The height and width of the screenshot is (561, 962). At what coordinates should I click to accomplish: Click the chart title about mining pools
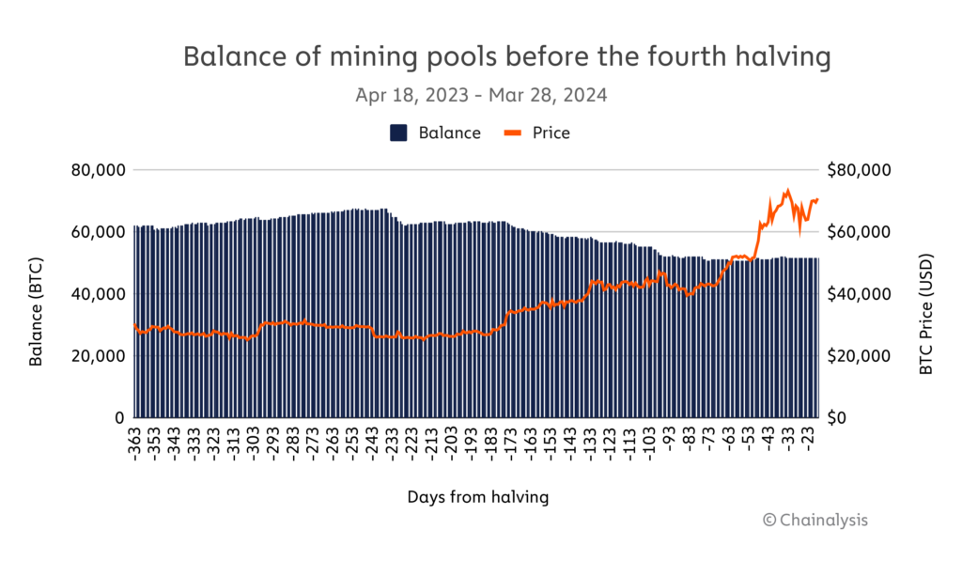pos(506,57)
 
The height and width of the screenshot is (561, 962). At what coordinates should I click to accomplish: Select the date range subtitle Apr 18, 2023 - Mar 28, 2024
pos(481,96)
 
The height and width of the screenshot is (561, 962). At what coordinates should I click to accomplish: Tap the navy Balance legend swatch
pos(398,132)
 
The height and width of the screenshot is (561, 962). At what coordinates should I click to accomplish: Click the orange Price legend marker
pos(523,132)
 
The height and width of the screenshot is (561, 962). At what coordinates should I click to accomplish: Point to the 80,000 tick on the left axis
pos(99,170)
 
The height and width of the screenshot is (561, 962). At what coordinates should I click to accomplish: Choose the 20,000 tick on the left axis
pos(99,355)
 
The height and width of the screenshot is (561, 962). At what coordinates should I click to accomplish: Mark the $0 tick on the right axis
pos(842,417)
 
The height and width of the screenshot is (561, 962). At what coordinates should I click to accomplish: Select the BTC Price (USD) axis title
pos(925,294)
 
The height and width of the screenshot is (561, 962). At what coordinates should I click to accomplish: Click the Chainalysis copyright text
pos(815,520)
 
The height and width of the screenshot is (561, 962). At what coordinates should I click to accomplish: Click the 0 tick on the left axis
pos(119,417)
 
